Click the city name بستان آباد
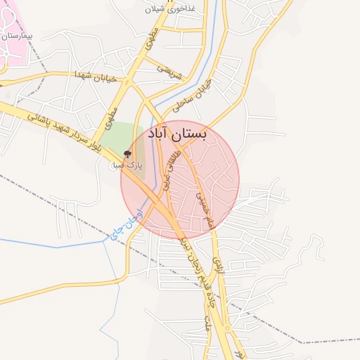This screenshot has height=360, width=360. [x=179, y=134]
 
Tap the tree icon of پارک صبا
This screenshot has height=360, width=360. [x=127, y=153]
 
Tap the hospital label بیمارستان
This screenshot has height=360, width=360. [x=18, y=34]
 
